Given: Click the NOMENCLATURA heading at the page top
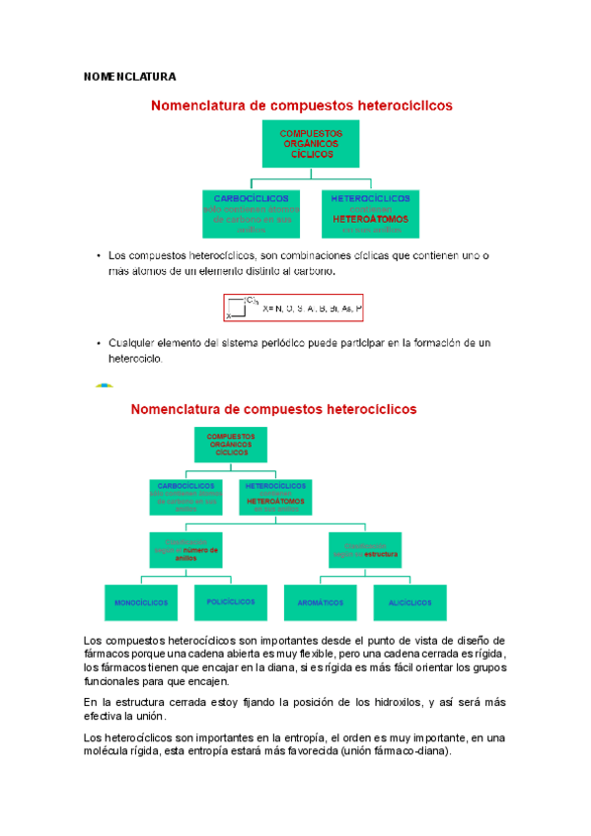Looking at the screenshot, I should click(129, 77).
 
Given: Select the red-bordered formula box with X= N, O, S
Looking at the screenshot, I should click(294, 309).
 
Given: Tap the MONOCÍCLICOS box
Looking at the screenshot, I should click(141, 602).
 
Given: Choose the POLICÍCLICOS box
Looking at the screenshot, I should click(230, 601).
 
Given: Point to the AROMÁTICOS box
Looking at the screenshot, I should click(321, 602).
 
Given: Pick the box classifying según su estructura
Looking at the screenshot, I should click(364, 549).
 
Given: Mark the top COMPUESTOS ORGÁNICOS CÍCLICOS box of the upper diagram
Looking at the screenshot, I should click(312, 144).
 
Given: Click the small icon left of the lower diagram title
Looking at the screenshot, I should click(103, 387).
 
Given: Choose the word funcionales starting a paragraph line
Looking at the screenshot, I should click(115, 680).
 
